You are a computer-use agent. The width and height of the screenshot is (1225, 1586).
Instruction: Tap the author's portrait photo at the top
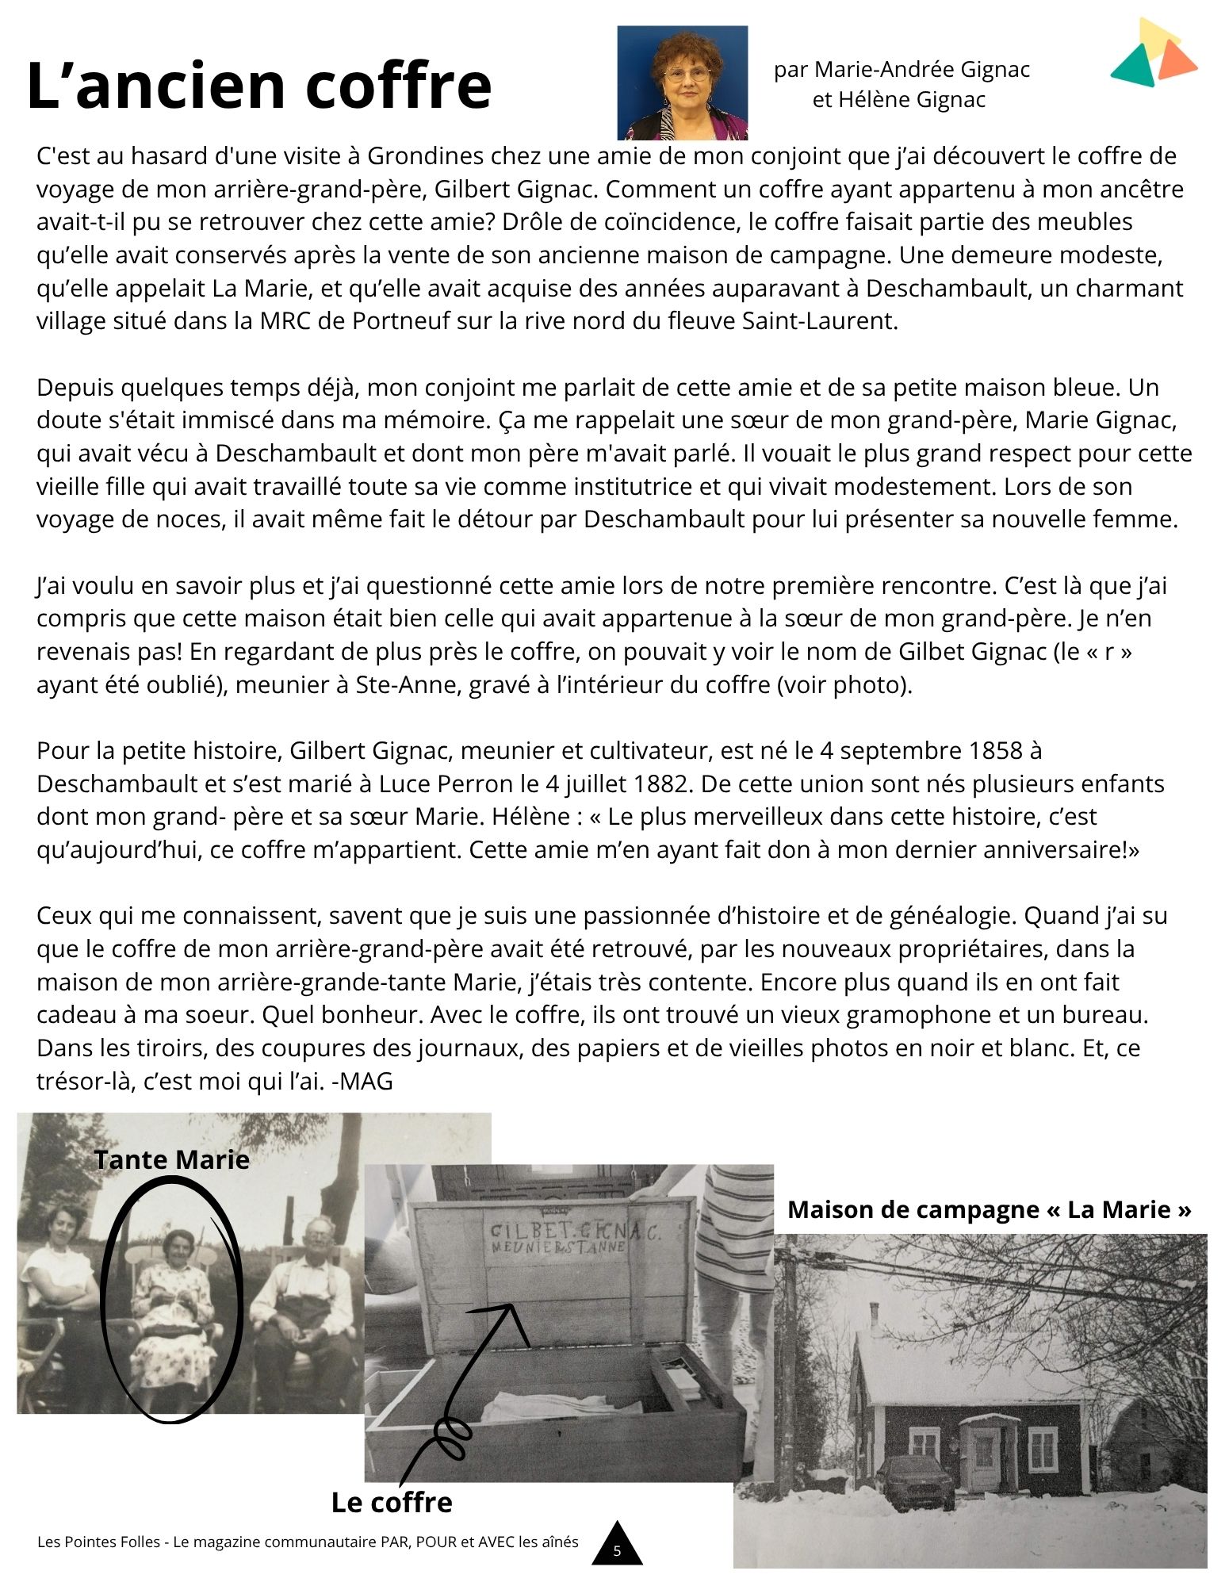click(x=682, y=82)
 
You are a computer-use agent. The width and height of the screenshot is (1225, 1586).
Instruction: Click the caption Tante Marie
click(x=172, y=1159)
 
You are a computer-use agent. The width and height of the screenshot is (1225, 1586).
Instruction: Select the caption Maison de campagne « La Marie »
click(x=990, y=1209)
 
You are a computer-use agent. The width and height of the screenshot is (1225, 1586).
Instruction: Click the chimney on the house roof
click(x=875, y=1315)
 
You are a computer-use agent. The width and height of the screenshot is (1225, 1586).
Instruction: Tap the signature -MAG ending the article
click(x=362, y=1081)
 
